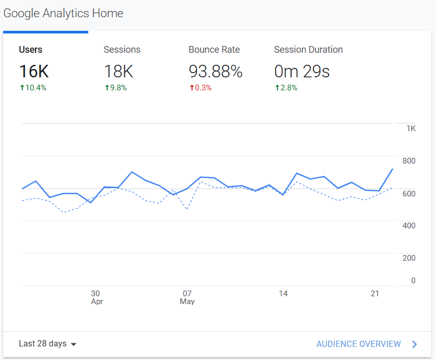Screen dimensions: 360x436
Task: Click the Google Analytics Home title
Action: [63, 13]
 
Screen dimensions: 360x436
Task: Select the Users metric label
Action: [31, 50]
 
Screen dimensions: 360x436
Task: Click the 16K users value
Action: [34, 71]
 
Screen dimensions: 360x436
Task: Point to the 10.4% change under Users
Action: [33, 88]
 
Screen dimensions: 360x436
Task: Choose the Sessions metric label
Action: [122, 50]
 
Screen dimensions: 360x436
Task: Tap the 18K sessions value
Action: [119, 71]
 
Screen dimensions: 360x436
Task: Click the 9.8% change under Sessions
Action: [116, 88]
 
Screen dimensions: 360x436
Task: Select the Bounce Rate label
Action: [214, 50]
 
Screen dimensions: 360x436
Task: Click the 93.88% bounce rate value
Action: [215, 71]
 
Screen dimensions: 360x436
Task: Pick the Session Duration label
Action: [308, 50]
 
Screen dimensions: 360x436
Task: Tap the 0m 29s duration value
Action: [302, 71]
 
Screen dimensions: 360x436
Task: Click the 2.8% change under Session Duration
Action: [286, 88]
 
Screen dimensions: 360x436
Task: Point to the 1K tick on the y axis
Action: [410, 129]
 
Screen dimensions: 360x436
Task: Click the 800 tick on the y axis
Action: [409, 161]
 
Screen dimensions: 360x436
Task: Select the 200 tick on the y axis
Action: [409, 258]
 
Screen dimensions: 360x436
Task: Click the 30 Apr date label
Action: [97, 297]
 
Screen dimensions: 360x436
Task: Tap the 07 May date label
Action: [187, 297]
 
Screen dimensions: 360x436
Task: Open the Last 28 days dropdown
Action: [48, 344]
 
